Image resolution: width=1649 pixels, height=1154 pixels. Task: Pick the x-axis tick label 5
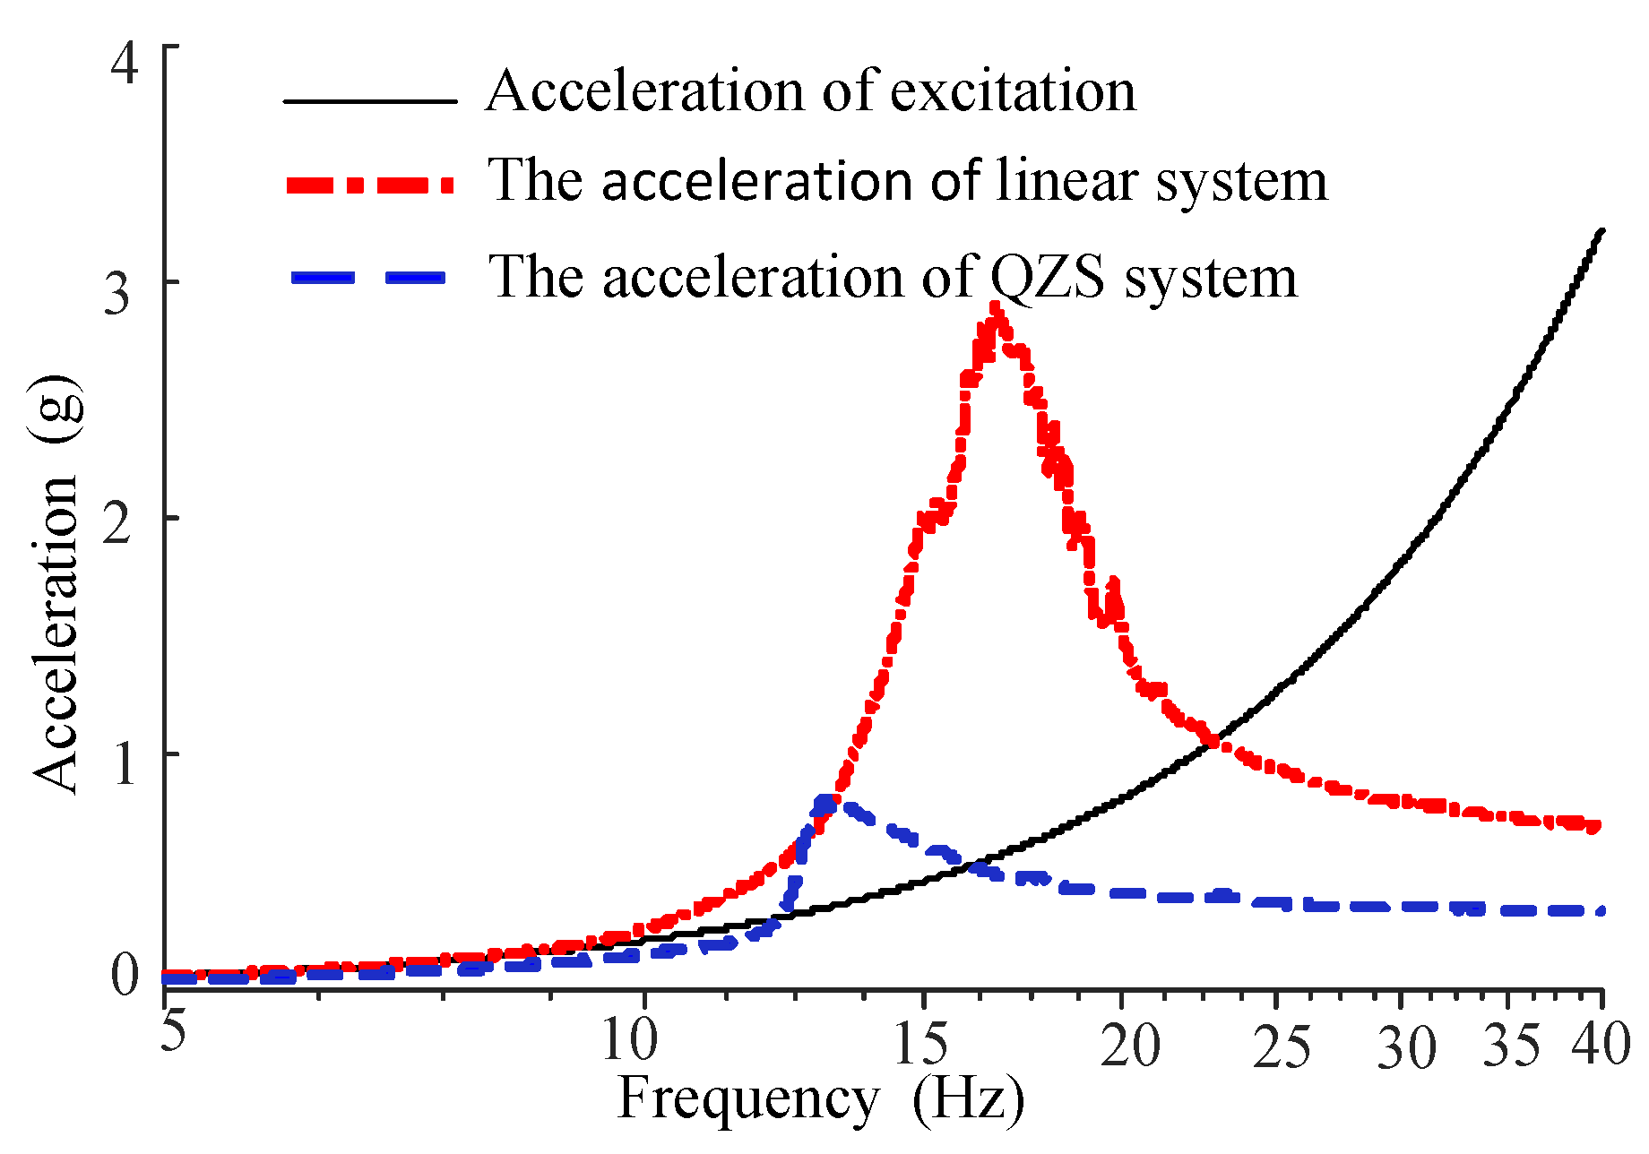coord(173,1030)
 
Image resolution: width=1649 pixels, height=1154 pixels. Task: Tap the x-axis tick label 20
coord(1130,1045)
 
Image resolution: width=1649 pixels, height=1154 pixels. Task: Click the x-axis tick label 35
coord(1512,1045)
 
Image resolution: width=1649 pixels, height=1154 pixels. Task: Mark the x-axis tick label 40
coord(1602,1045)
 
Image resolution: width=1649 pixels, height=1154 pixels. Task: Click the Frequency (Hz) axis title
coord(820,1099)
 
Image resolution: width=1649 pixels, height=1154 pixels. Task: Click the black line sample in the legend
coord(370,101)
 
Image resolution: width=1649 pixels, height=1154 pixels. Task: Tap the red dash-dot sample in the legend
coord(370,185)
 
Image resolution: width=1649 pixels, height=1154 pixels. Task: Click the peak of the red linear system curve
coord(994,309)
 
